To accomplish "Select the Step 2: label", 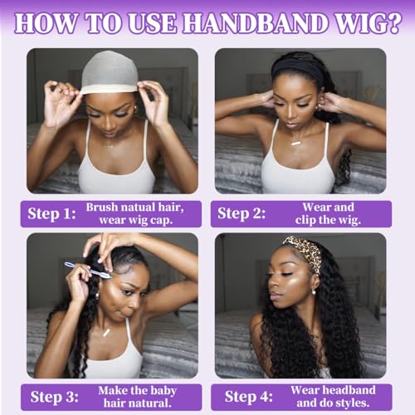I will pyautogui.click(x=241, y=213).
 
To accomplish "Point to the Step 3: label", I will pyautogui.click(x=51, y=395).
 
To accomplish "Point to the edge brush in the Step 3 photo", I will pyautogui.click(x=87, y=269).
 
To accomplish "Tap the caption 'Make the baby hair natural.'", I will pyautogui.click(x=135, y=395).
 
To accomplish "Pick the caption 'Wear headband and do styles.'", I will pyautogui.click(x=332, y=395).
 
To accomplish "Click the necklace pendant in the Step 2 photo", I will pyautogui.click(x=295, y=143).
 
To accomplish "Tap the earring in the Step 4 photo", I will pyautogui.click(x=315, y=290).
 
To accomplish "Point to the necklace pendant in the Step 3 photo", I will pyautogui.click(x=106, y=332).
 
